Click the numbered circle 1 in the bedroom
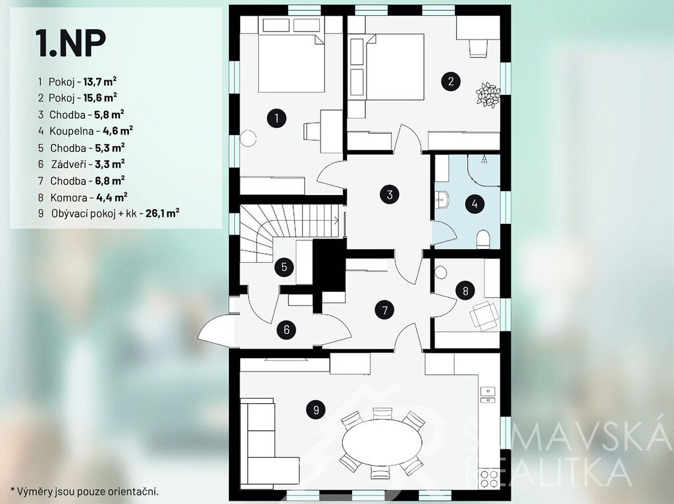[x=276, y=118]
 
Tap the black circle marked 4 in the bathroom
[x=475, y=204]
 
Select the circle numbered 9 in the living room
[x=316, y=409]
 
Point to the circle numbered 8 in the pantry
[x=465, y=291]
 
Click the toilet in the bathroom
[x=484, y=239]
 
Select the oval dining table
[x=382, y=443]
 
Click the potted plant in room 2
[x=488, y=95]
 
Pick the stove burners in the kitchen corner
[x=489, y=478]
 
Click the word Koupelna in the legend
[x=71, y=131]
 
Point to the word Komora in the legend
[x=68, y=198]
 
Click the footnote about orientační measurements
[x=85, y=491]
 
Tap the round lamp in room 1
[x=248, y=138]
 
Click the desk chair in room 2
[x=478, y=48]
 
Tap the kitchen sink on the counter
[x=488, y=395]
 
